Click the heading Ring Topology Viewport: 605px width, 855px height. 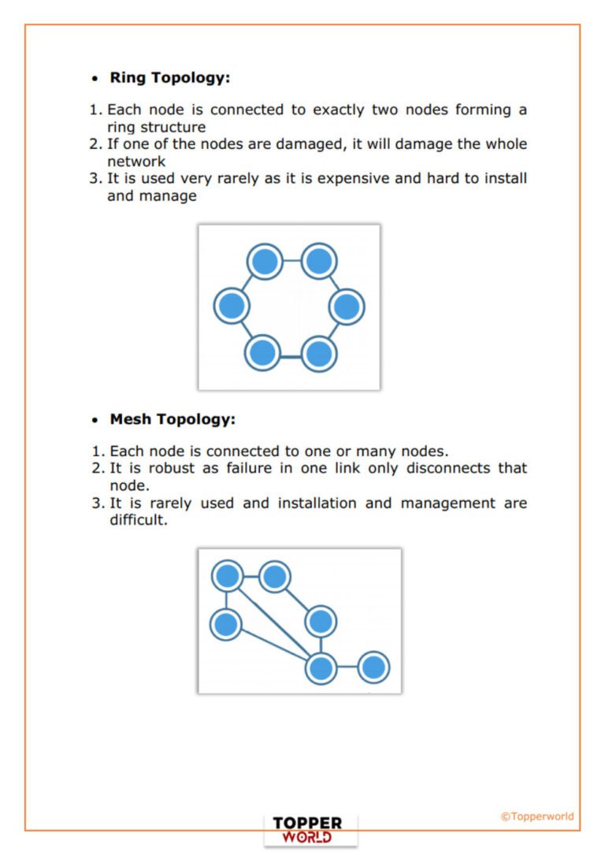[169, 78]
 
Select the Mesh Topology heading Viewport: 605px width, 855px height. [172, 419]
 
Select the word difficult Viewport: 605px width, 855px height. [139, 521]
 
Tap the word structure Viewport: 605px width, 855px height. [173, 127]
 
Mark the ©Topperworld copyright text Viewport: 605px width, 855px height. [537, 816]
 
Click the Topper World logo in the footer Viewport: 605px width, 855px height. [310, 830]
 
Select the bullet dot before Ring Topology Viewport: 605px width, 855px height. [95, 80]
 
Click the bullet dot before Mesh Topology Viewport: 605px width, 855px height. [95, 421]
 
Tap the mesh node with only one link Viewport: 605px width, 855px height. [373, 668]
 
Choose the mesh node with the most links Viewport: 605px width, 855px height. [321, 668]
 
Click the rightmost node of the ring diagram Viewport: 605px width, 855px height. [346, 307]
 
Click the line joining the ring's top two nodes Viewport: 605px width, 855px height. [291, 261]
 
